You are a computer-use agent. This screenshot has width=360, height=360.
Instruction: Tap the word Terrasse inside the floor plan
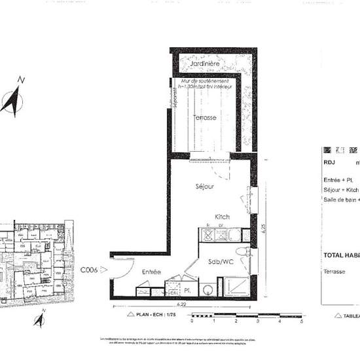(206, 118)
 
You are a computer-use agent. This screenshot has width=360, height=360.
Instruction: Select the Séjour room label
(205, 187)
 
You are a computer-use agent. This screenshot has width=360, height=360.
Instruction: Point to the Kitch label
(223, 217)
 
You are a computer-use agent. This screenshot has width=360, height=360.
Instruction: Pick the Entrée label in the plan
(152, 271)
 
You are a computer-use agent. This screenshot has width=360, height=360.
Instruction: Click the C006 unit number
(89, 269)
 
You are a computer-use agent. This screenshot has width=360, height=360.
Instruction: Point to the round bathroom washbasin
(208, 287)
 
